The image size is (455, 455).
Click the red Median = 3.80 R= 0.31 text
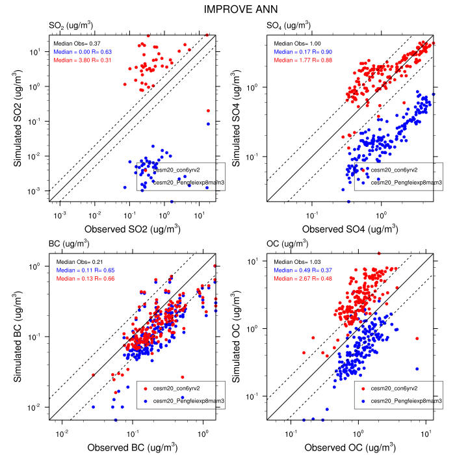(x=81, y=60)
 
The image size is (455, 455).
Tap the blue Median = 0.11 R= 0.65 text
(x=81, y=270)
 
